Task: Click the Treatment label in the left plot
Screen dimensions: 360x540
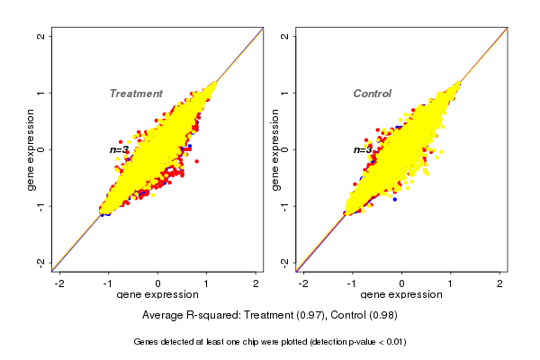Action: [x=136, y=94]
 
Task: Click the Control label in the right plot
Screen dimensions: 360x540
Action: [x=373, y=94]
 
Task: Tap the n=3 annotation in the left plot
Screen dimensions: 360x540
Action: [x=120, y=149]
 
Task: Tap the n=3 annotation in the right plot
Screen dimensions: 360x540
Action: [x=363, y=149]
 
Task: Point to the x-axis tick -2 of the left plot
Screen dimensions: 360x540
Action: [x=60, y=283]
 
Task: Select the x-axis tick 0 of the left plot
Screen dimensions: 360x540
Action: [x=157, y=283]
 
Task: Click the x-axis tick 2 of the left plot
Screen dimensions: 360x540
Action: [x=256, y=283]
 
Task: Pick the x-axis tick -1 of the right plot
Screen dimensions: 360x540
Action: [x=352, y=283]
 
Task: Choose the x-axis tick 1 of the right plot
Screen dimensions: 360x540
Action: [x=451, y=283]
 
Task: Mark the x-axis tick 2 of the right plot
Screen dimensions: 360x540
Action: [x=500, y=283]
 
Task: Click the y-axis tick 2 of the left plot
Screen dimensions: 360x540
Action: [x=41, y=36]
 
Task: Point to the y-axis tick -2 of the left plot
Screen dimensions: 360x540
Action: [x=41, y=262]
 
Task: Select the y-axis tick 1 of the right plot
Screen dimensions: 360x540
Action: [x=285, y=93]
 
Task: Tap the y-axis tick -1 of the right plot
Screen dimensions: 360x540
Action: [x=285, y=206]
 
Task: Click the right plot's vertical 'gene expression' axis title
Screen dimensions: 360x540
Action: [x=274, y=149]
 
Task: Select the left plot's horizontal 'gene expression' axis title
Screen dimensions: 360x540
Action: [x=157, y=295]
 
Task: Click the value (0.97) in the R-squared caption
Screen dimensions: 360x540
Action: [x=319, y=316]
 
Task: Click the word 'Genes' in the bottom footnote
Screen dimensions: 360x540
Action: [x=148, y=342]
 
